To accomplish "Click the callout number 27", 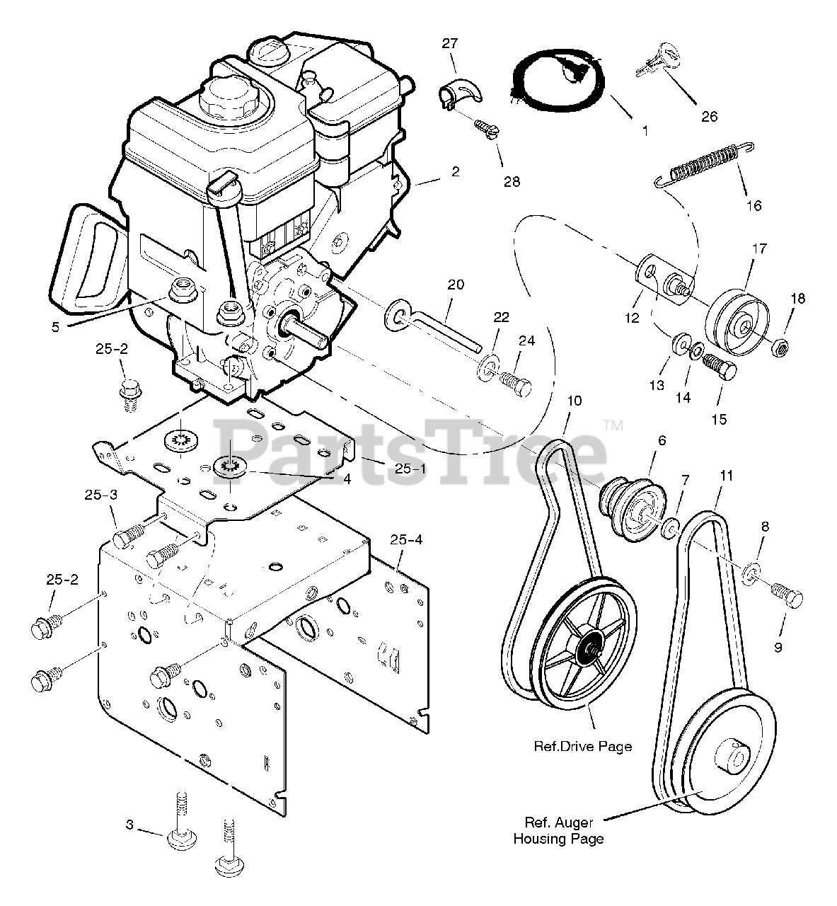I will pyautogui.click(x=450, y=44).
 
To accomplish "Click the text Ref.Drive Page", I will pyautogui.click(x=583, y=747).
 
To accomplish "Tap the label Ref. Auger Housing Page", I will pyautogui.click(x=559, y=831).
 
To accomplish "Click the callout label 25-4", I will pyautogui.click(x=405, y=540).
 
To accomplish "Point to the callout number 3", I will pyautogui.click(x=129, y=825).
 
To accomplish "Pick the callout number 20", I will pyautogui.click(x=456, y=285).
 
